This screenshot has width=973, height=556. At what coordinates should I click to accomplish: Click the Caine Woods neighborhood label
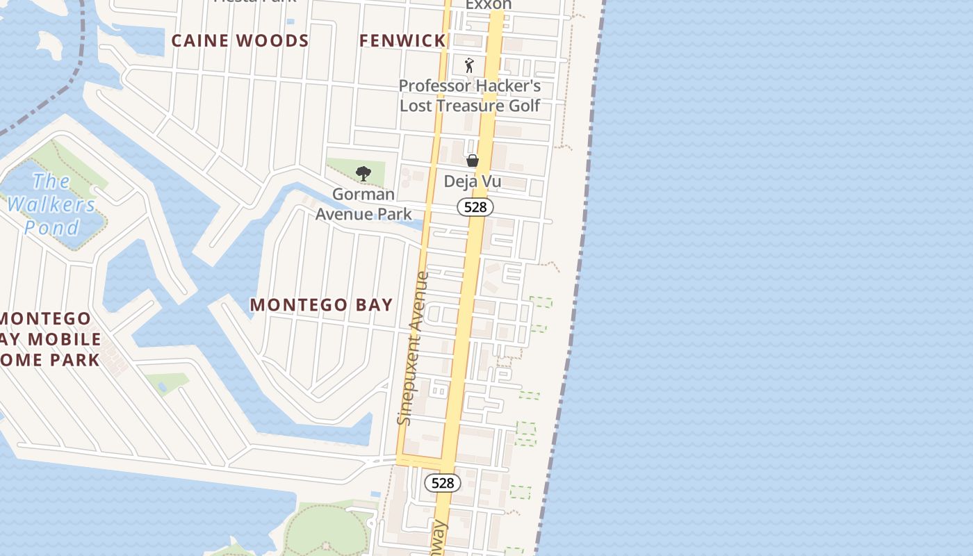pos(240,41)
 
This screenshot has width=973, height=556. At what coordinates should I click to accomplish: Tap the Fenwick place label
pos(402,41)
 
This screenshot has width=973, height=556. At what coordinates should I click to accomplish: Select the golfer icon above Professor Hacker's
pos(470,65)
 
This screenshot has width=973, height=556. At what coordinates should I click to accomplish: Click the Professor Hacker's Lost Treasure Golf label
pos(470,96)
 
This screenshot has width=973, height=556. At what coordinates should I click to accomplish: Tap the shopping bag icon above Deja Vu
pos(473,161)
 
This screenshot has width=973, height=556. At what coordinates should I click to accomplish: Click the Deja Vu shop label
pos(473,182)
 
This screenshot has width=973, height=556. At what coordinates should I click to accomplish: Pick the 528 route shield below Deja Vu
pos(475,207)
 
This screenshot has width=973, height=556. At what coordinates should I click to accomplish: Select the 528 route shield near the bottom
pos(442,483)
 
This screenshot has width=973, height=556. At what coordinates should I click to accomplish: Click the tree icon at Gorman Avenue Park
pos(363,174)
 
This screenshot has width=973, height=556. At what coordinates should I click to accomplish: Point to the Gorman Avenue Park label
pos(363,204)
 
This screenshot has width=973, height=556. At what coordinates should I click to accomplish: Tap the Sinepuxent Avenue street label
pos(415,347)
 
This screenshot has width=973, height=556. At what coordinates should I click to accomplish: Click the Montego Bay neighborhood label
pos(321,305)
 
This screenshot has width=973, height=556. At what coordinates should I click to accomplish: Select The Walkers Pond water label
pos(51,204)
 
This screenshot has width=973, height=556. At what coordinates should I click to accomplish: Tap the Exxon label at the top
pos(488,5)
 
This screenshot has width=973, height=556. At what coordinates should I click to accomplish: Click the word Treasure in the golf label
pos(471,106)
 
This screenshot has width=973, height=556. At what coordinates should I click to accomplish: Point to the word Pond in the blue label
pos(51,227)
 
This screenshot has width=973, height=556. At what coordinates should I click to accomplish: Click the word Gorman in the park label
pos(363,195)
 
